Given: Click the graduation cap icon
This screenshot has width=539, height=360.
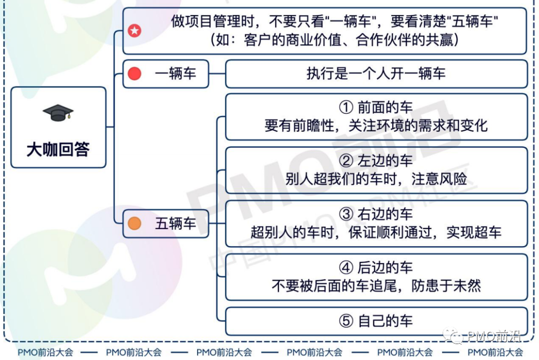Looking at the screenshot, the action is coord(58,113).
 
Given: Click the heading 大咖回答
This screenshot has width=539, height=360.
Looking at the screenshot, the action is coord(58,150).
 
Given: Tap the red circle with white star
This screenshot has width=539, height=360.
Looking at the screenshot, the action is coord(134,30).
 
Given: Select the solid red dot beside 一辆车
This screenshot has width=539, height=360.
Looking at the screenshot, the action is coord(134,73).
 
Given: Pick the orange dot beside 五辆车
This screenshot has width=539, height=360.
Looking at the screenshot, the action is coord(134,224).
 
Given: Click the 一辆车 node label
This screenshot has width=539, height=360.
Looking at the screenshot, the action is coord(175,73).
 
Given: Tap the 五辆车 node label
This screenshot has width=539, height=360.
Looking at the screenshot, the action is coord(175,224).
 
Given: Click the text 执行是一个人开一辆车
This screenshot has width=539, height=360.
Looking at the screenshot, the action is coord(376,73).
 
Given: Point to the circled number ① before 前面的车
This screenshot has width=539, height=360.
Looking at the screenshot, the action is coord(346,107).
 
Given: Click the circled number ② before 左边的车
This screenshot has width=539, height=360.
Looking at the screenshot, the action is coord(346,161).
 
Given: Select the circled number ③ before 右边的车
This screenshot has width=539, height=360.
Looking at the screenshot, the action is coord(346,214).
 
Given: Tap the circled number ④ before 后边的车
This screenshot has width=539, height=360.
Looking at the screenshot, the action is coord(346,268).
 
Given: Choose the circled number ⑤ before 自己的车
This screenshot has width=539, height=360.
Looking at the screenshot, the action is coord(346,321).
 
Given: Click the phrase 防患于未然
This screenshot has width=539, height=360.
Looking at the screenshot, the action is coord(446,286).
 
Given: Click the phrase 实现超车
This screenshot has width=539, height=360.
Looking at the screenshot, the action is coord(474,232).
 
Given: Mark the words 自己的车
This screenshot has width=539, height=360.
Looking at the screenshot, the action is coord(385,321).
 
